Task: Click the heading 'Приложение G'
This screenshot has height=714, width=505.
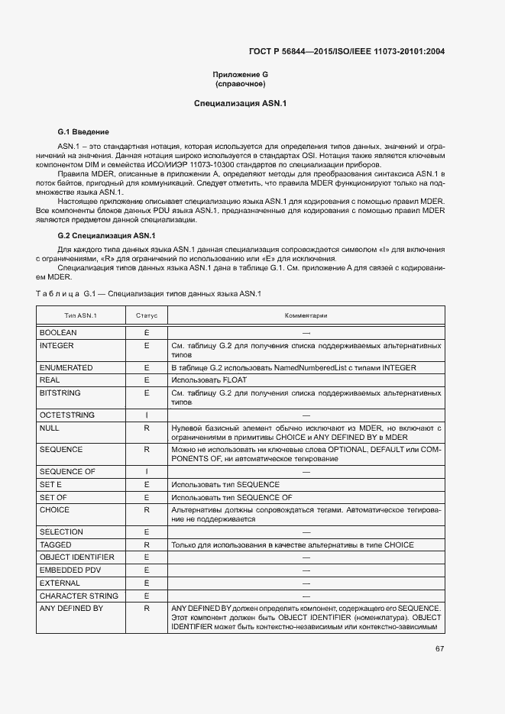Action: coord(240,74)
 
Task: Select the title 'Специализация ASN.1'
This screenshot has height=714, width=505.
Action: coord(240,103)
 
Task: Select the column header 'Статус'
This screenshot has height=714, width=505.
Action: coord(146,315)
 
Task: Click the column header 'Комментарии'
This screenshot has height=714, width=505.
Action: coord(306,315)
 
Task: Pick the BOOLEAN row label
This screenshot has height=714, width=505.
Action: coord(58,333)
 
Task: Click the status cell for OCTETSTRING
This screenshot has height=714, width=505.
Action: coord(146,415)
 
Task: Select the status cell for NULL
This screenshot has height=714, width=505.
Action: coord(146,428)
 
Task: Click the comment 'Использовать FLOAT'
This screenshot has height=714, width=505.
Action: coord(209,380)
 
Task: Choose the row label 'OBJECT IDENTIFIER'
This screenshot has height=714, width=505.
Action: coord(76,557)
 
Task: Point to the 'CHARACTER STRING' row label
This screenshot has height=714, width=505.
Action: coord(79,596)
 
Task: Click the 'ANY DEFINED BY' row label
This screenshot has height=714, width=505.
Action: coord(71,608)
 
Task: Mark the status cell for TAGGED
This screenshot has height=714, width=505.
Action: coord(146,545)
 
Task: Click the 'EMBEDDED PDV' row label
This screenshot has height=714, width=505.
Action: coord(70,570)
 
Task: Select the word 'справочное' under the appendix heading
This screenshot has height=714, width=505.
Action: coord(240,83)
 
